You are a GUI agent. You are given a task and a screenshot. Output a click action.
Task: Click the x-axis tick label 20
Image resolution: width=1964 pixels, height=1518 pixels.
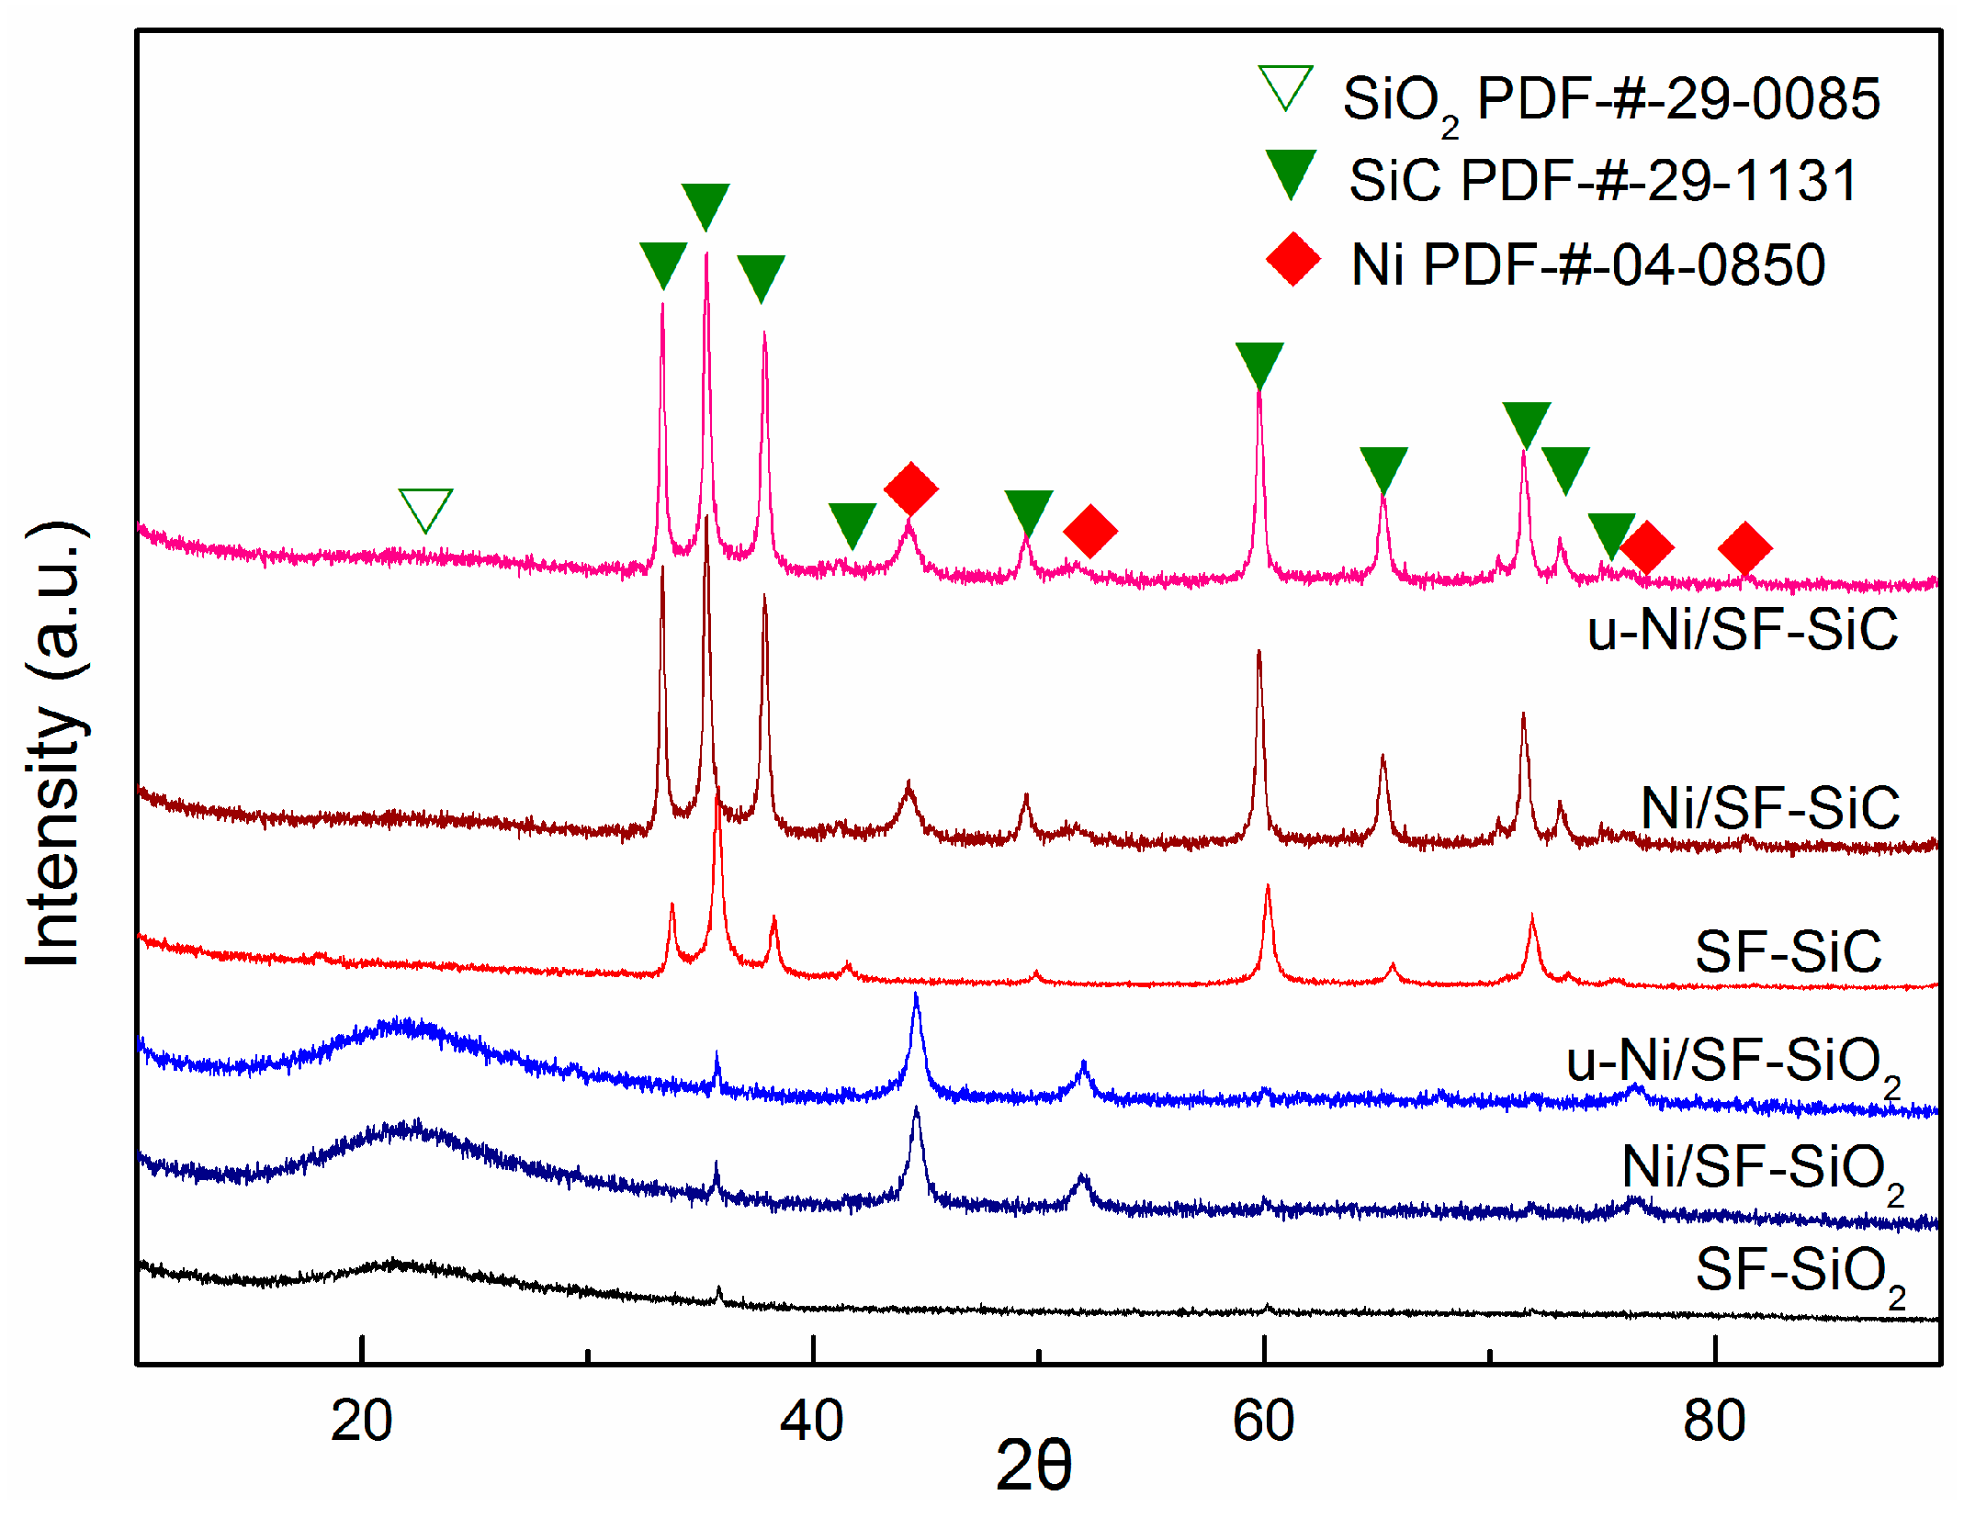tap(361, 1421)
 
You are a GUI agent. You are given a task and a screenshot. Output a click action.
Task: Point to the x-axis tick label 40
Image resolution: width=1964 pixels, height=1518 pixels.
tap(811, 1421)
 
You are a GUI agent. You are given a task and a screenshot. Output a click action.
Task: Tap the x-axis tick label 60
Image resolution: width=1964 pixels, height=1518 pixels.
tap(1263, 1421)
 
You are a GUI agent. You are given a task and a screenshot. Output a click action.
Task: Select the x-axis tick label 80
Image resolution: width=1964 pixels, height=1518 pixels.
tap(1714, 1421)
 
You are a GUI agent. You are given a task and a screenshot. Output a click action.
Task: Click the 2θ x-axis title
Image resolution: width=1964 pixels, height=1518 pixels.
tap(1033, 1466)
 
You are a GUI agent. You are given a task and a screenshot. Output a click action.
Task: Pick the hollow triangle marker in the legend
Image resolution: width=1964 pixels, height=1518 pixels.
tap(1285, 88)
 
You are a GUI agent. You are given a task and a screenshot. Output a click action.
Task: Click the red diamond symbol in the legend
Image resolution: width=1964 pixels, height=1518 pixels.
tap(1293, 259)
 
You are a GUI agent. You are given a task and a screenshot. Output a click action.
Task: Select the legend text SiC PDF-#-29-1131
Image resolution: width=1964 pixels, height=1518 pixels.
tap(1603, 180)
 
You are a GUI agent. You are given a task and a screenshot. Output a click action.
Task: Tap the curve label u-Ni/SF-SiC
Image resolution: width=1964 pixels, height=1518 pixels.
tap(1742, 629)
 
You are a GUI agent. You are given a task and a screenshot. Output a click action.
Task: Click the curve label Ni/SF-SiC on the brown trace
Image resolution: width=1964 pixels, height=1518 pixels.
tap(1769, 808)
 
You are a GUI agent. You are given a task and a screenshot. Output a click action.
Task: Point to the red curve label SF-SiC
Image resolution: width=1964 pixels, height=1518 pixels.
tap(1788, 950)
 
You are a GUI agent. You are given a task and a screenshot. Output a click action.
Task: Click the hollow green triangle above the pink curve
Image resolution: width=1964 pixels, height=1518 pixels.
tap(425, 508)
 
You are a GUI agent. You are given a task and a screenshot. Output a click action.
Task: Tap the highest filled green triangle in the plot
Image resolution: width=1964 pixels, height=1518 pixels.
tap(705, 205)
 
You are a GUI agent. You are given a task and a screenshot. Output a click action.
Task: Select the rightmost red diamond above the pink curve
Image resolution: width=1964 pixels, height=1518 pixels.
tap(1744, 548)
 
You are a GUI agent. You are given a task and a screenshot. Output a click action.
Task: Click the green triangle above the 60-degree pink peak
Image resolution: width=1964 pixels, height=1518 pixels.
tap(1259, 364)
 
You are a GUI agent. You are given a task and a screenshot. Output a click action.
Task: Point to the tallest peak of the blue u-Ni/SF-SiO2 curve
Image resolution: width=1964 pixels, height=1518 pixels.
tap(916, 996)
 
